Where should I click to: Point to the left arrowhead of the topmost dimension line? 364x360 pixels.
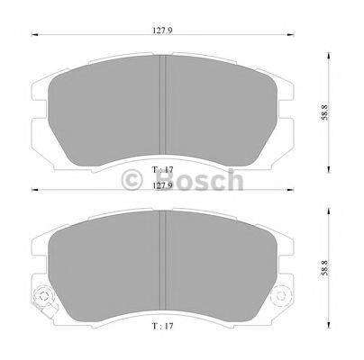pyautogui.click(x=34, y=36)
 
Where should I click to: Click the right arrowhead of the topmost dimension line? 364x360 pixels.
pyautogui.click(x=291, y=36)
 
